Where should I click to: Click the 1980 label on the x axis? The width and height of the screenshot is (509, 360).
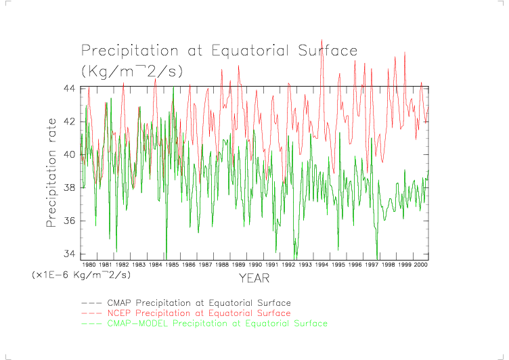(x=89, y=265)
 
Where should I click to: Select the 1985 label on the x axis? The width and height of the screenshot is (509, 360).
(x=172, y=265)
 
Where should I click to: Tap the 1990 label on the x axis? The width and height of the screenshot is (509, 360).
(x=255, y=265)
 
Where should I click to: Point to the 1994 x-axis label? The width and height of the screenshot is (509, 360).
(x=321, y=265)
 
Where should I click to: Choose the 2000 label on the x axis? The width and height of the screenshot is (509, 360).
(x=420, y=265)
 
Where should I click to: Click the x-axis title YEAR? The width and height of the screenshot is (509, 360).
(x=254, y=278)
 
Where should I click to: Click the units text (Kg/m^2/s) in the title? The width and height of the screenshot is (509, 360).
(x=132, y=70)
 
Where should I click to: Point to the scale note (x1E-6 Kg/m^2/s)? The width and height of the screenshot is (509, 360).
(x=81, y=275)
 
